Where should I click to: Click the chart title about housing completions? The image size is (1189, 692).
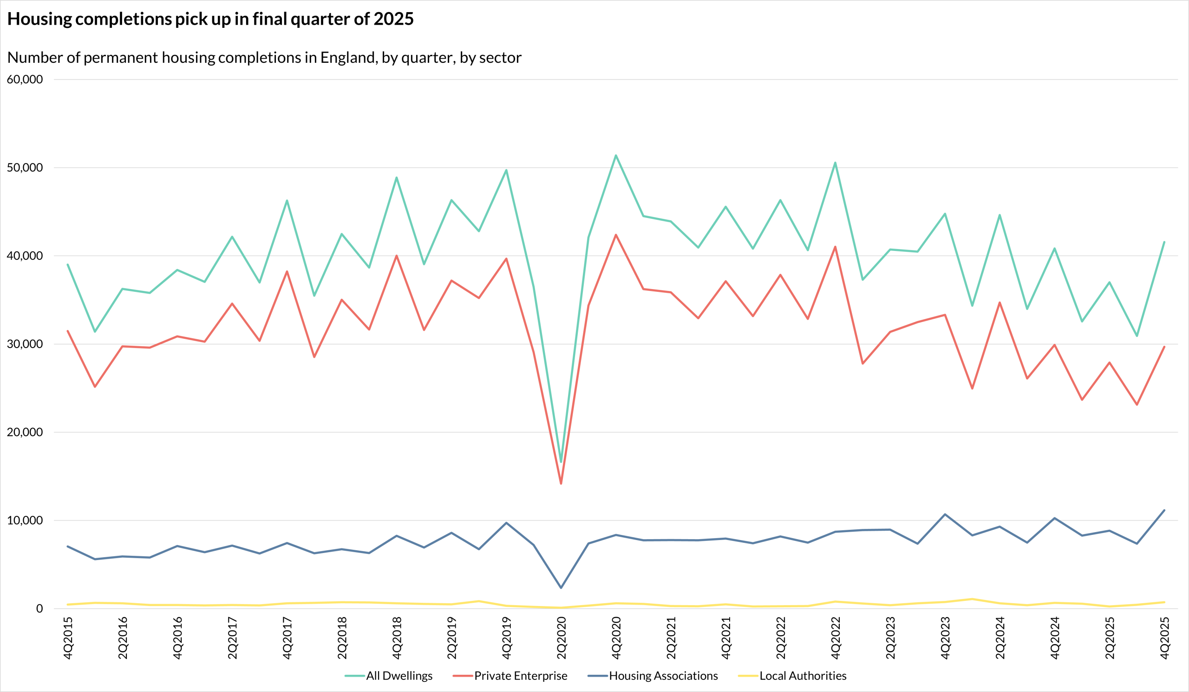210,19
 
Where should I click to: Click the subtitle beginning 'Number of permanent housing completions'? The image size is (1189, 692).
264,58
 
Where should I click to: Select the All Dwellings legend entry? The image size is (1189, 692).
388,676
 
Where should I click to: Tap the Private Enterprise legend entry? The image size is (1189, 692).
510,676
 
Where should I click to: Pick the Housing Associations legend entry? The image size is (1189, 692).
653,676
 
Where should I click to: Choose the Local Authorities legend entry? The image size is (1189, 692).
792,676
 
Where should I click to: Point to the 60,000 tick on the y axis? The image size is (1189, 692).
25,79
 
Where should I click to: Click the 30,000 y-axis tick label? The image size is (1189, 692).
25,344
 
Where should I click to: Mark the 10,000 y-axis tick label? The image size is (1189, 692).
25,521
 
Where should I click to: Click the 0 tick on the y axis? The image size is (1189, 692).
39,609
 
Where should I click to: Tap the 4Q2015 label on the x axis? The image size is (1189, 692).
68,638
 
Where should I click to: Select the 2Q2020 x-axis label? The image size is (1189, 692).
562,638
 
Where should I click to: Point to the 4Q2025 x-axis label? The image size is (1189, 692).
1164,638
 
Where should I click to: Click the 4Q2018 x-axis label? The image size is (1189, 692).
397,638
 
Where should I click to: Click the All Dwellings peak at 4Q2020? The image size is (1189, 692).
616,155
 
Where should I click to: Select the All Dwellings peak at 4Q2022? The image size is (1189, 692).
835,163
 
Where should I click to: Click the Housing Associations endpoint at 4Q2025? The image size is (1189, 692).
1164,510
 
